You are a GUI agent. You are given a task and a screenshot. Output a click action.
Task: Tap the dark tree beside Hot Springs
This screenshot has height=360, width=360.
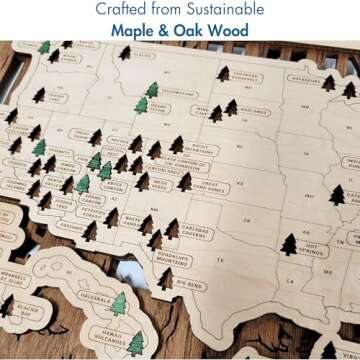[x=290, y=243]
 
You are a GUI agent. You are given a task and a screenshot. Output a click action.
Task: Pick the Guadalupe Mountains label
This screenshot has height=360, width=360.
[x=180, y=258]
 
